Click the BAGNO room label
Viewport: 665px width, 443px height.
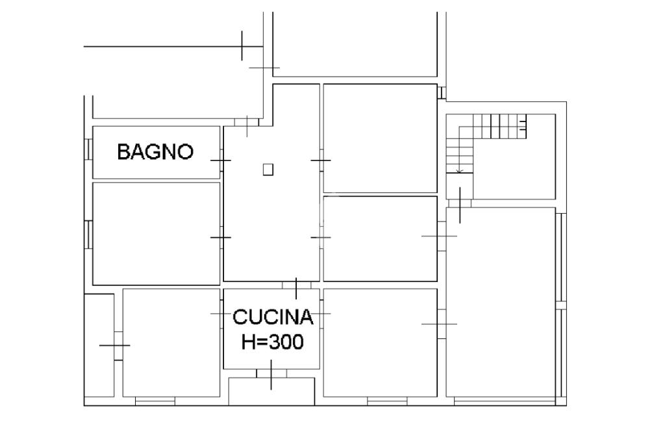pyautogui.click(x=155, y=151)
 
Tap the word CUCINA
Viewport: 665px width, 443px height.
pyautogui.click(x=273, y=317)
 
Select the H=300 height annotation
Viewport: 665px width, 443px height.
pyautogui.click(x=272, y=342)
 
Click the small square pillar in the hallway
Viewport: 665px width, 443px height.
pyautogui.click(x=268, y=170)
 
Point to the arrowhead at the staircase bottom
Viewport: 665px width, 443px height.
pyautogui.click(x=459, y=171)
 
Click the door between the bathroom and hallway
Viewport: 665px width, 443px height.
pyautogui.click(x=221, y=160)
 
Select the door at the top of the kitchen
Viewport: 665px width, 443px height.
pyautogui.click(x=296, y=285)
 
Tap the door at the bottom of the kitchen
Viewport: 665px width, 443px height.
pyautogui.click(x=271, y=373)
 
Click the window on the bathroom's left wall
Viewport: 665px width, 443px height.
pyautogui.click(x=88, y=149)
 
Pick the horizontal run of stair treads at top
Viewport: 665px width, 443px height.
pyautogui.click(x=499, y=126)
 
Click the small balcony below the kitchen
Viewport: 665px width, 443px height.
pyautogui.click(x=271, y=391)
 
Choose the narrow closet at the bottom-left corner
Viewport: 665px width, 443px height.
pyautogui.click(x=99, y=345)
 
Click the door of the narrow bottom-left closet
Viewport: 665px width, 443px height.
pyautogui.click(x=118, y=346)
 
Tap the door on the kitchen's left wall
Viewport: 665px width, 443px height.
pyautogui.click(x=221, y=314)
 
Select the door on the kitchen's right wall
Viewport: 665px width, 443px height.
pyautogui.click(x=321, y=314)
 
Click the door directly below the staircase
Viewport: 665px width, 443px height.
pyautogui.click(x=460, y=204)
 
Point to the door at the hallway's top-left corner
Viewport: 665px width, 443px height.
pyautogui.click(x=247, y=122)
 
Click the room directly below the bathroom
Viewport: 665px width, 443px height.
pyautogui.click(x=156, y=234)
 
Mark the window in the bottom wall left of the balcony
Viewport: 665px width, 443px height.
pyautogui.click(x=155, y=401)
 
